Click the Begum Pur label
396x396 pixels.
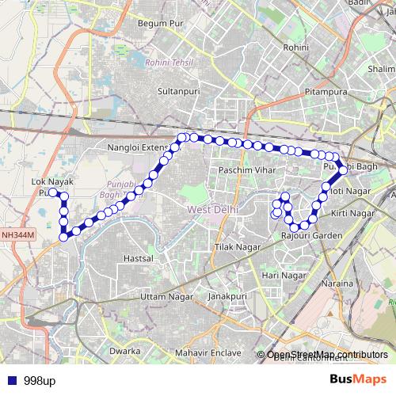coord(159,23)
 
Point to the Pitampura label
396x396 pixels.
coord(326,93)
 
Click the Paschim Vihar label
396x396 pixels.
coord(247,171)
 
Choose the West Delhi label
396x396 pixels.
coord(213,209)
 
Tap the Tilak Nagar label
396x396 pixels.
coord(238,247)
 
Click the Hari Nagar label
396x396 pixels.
coord(284,274)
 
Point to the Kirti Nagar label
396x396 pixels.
coord(352,214)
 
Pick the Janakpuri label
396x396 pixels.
coord(223,295)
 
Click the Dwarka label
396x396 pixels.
coord(124,350)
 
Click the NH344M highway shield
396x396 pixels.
coord(17,235)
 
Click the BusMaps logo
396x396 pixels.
coord(358,379)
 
